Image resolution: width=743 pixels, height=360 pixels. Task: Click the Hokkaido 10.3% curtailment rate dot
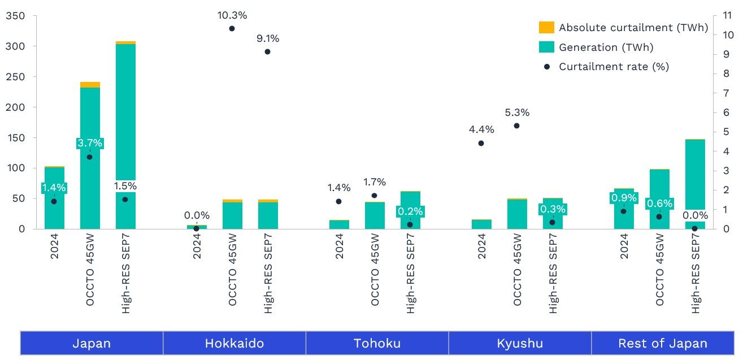click(x=232, y=28)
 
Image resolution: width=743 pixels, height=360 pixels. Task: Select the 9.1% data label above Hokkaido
click(x=267, y=39)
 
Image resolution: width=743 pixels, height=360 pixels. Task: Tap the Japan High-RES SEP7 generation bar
click(x=125, y=113)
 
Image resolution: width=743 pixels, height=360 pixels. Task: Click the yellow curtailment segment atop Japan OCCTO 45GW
click(x=90, y=85)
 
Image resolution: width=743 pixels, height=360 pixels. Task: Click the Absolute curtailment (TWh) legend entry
click(x=633, y=28)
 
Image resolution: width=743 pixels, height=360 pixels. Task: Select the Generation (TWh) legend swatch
click(x=546, y=47)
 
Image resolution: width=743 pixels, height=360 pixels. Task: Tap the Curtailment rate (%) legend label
click(x=614, y=67)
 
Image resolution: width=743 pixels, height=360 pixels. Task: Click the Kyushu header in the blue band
click(x=520, y=343)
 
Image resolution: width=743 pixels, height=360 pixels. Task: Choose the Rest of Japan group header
click(x=662, y=343)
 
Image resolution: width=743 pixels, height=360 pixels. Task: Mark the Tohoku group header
click(x=377, y=343)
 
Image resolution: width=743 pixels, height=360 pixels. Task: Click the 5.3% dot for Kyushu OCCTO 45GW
click(x=516, y=125)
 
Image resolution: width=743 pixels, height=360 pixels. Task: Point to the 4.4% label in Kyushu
click(x=481, y=129)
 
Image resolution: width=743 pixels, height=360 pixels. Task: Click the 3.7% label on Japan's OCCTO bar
click(x=90, y=143)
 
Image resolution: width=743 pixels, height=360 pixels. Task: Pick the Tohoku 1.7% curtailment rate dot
click(x=374, y=196)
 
